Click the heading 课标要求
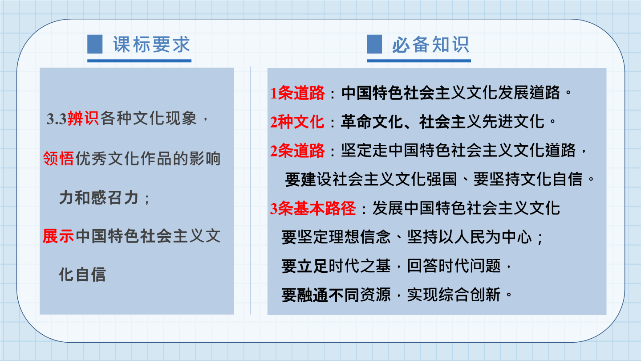(151, 45)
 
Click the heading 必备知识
(430, 45)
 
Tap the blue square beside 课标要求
(95, 44)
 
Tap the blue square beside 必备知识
(374, 44)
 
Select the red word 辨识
(83, 119)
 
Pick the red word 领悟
(58, 158)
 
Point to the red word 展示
(58, 236)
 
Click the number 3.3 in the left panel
(57, 119)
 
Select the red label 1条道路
(297, 93)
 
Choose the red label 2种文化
(297, 122)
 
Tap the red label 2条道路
(297, 151)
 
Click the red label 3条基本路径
(313, 208)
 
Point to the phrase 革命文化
(372, 122)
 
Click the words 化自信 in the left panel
(82, 275)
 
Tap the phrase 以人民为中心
(485, 237)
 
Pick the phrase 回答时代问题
(454, 266)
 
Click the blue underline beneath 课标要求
(139, 61)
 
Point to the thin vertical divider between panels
(251, 191)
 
